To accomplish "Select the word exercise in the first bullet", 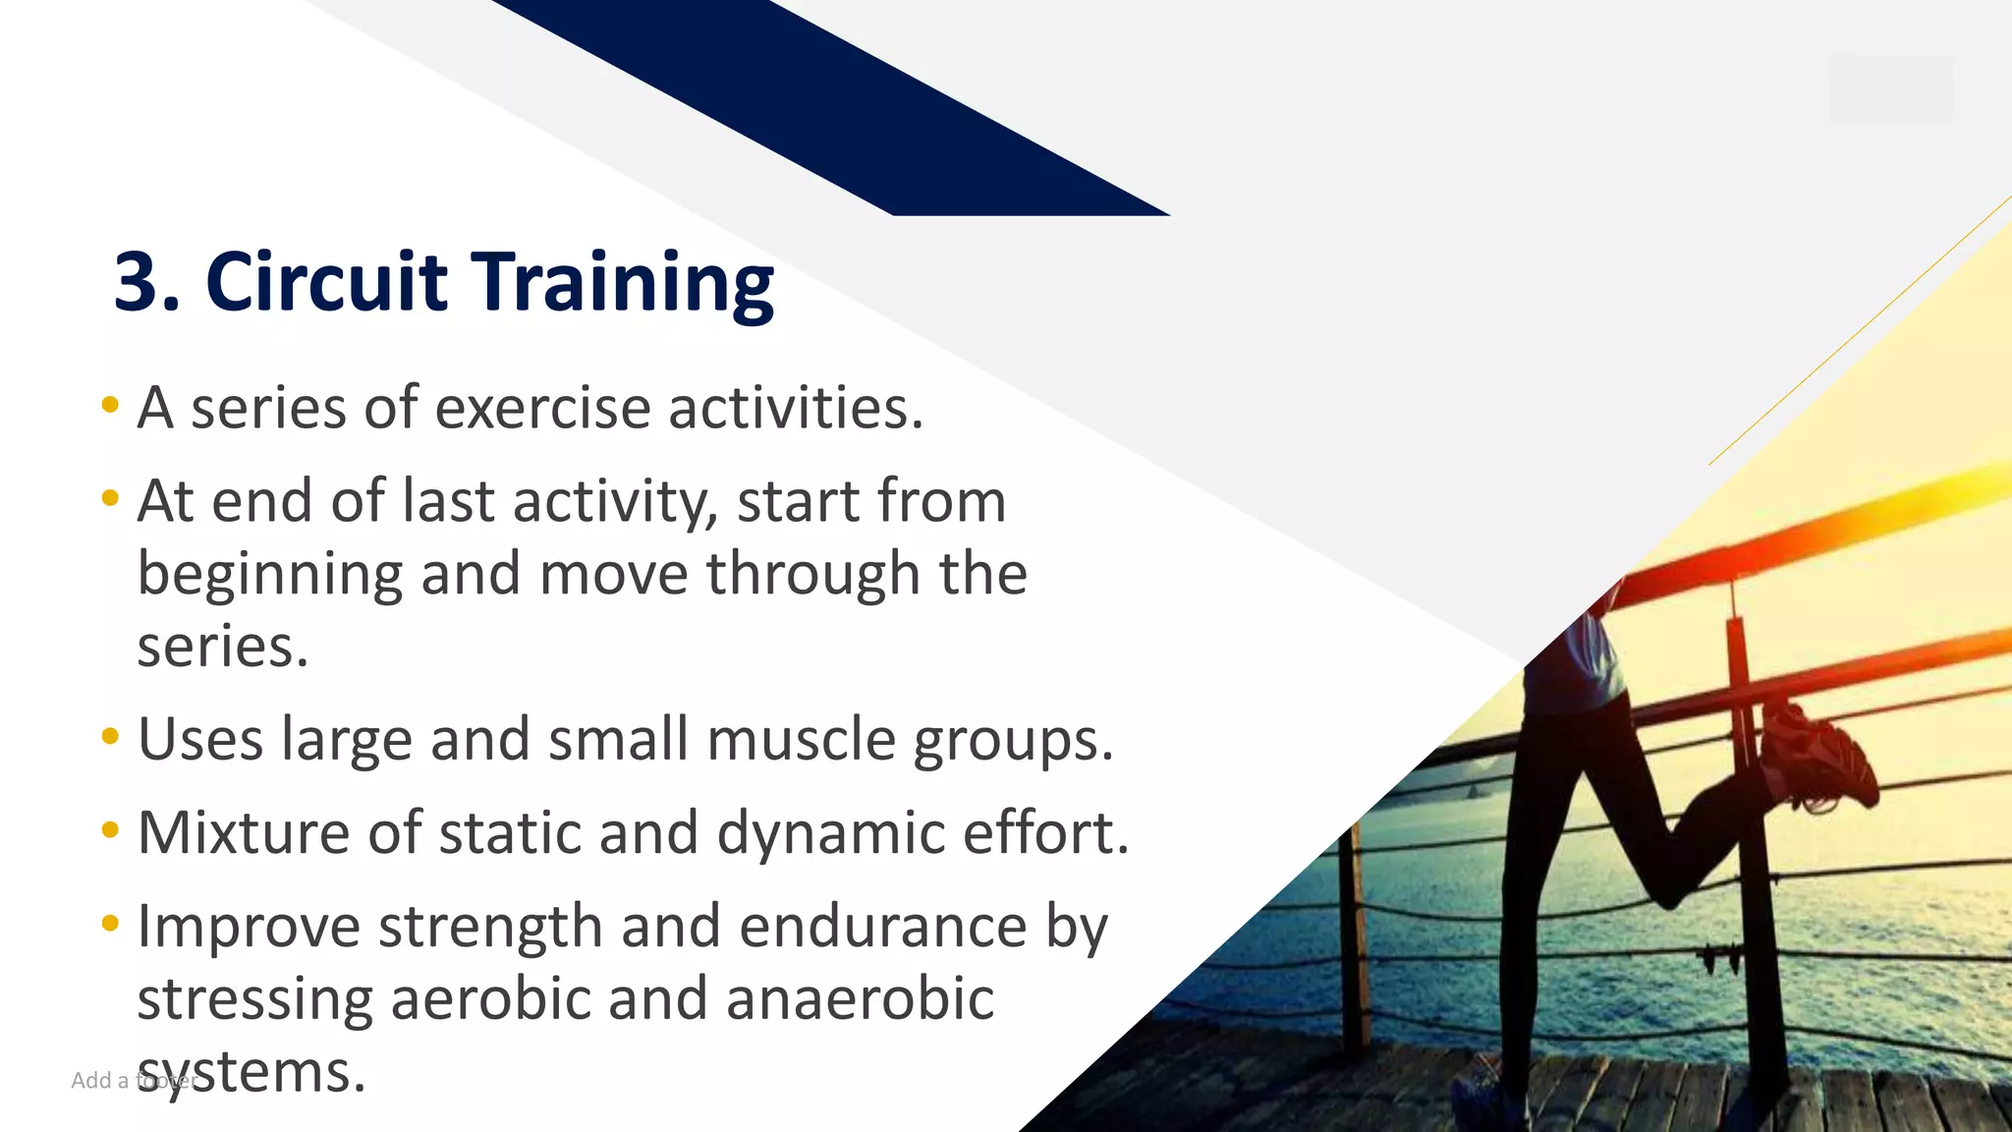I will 542,408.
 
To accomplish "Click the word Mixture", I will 244,833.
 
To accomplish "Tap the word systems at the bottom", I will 251,1073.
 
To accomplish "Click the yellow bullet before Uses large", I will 110,736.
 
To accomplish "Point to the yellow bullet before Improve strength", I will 110,924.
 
